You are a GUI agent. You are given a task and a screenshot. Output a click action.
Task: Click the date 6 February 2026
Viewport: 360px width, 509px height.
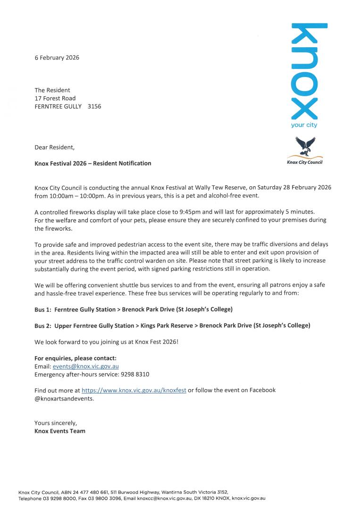(x=57, y=58)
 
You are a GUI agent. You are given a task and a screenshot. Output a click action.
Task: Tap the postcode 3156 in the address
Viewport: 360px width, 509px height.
(x=94, y=107)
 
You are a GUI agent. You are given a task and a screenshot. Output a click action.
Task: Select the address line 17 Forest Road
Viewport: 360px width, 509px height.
(x=55, y=99)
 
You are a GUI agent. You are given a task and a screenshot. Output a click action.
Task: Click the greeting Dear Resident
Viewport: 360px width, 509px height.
(x=54, y=147)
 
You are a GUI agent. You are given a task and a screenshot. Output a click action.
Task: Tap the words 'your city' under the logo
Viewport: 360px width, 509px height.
(x=304, y=125)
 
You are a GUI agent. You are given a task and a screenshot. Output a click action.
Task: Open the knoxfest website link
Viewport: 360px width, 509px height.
(x=134, y=390)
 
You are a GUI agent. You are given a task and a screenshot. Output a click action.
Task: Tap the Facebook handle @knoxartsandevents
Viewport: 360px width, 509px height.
(x=64, y=398)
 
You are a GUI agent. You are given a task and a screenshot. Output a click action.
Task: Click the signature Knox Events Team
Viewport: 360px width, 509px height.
(x=60, y=431)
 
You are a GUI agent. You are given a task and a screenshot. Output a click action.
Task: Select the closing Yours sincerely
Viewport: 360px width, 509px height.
(x=56, y=423)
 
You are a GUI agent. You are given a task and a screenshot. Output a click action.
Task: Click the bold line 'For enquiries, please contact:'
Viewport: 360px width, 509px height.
(x=75, y=358)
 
